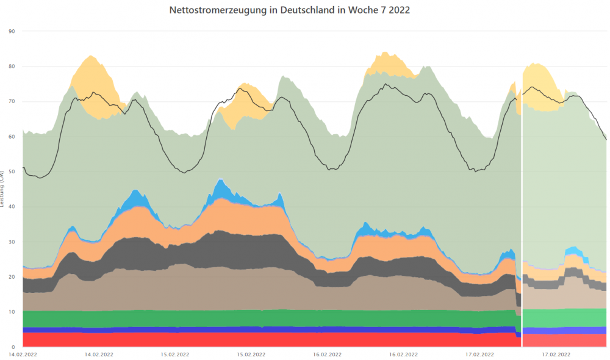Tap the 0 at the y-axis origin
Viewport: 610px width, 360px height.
(x=13, y=347)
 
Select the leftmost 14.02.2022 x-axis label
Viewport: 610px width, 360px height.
(x=23, y=354)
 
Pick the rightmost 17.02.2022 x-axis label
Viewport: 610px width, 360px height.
(x=556, y=354)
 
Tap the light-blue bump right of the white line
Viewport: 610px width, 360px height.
(x=573, y=251)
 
